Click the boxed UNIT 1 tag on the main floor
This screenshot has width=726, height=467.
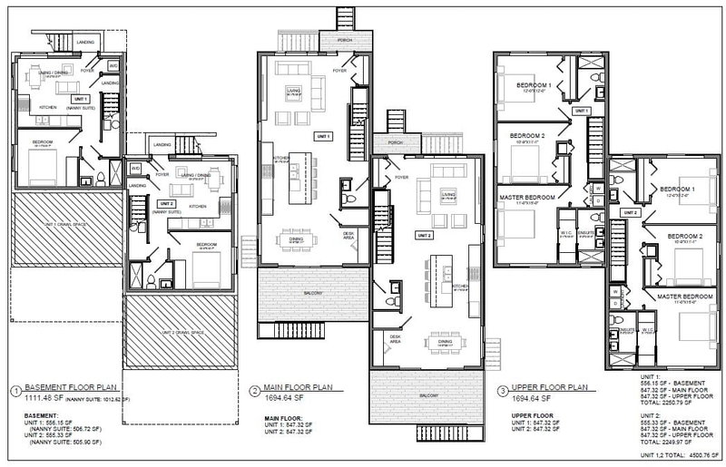[323, 136]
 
